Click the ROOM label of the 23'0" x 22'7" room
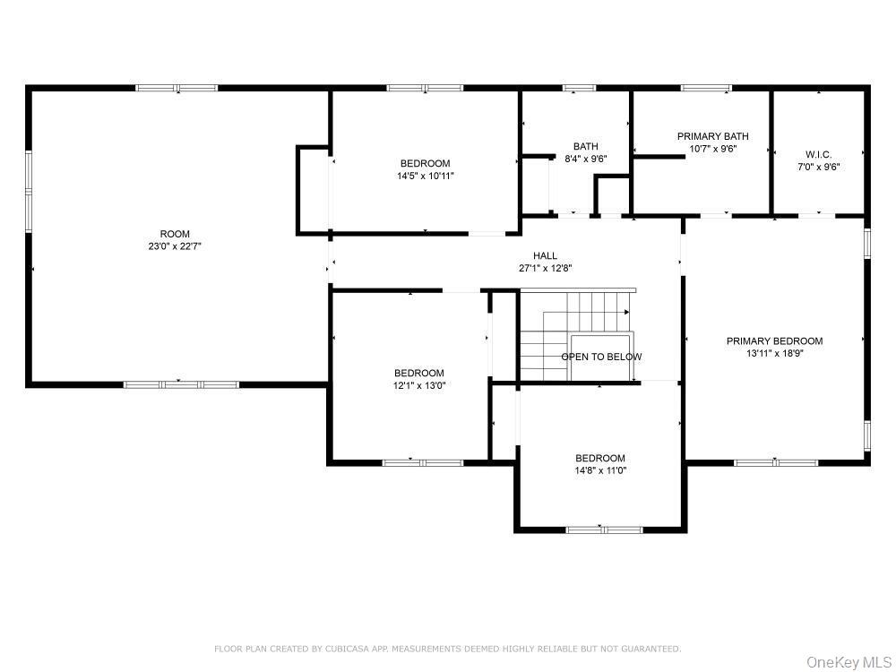point(175,234)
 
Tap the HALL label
point(545,255)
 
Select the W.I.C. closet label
point(818,154)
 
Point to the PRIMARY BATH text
point(712,136)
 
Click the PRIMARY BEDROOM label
point(774,340)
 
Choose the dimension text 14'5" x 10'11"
point(425,176)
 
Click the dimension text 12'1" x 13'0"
point(418,385)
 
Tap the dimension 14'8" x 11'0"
point(600,471)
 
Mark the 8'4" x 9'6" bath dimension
point(586,159)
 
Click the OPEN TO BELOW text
point(601,357)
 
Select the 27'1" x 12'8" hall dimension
point(545,268)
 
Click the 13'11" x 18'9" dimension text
point(775,353)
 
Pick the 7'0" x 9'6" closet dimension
point(818,167)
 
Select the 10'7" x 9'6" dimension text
point(712,149)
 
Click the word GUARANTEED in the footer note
point(651,649)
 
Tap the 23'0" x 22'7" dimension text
point(175,246)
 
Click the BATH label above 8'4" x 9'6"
point(586,146)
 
